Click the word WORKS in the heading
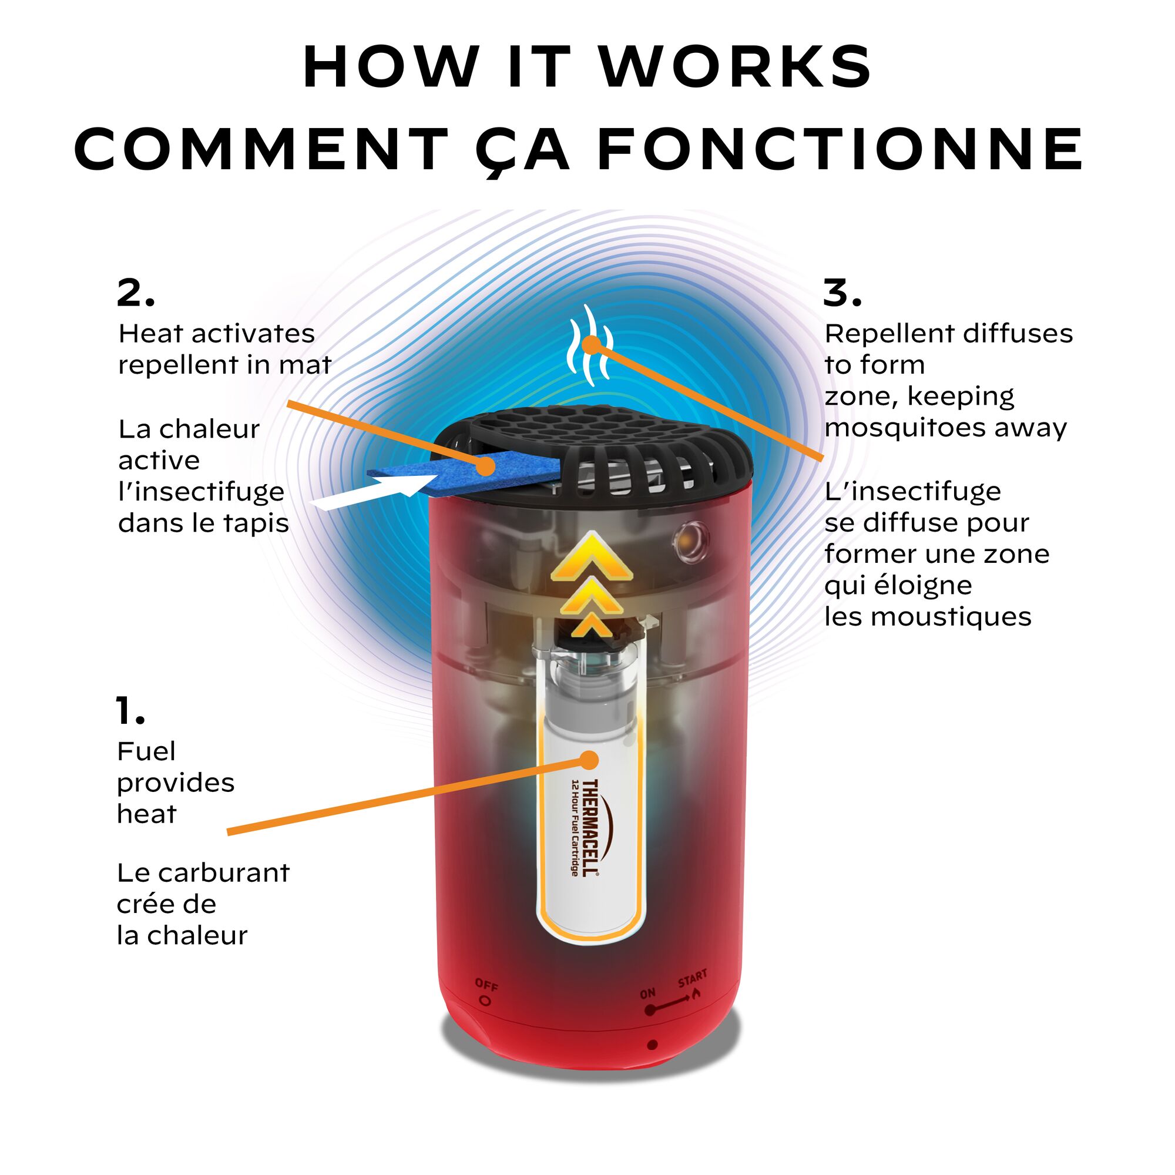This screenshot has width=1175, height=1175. point(736,66)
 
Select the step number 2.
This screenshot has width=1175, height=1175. point(136,293)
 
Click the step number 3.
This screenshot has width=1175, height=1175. point(842,293)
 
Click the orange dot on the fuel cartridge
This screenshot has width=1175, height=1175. point(589,760)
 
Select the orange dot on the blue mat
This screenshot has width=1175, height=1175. point(485,466)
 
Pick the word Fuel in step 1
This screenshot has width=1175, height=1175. point(146,752)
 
